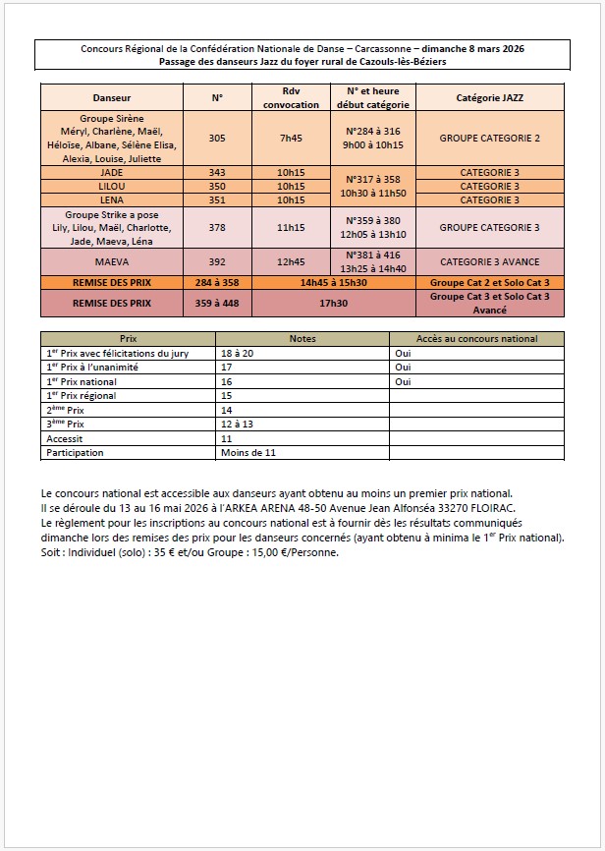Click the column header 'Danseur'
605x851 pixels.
(x=111, y=98)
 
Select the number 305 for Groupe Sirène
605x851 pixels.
(x=217, y=138)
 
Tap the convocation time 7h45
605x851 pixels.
(x=291, y=138)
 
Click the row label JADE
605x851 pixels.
(x=111, y=173)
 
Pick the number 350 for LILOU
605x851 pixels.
(x=217, y=186)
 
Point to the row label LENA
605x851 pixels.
(x=111, y=199)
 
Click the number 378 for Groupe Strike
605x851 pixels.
(x=217, y=227)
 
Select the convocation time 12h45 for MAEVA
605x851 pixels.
(x=291, y=262)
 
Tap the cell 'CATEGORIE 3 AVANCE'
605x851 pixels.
(x=490, y=262)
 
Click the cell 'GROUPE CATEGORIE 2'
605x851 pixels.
(x=490, y=138)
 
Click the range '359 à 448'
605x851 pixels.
(x=217, y=304)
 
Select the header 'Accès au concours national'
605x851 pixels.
(x=477, y=339)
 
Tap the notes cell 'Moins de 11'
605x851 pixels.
(x=247, y=453)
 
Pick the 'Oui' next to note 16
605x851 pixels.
(x=402, y=381)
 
